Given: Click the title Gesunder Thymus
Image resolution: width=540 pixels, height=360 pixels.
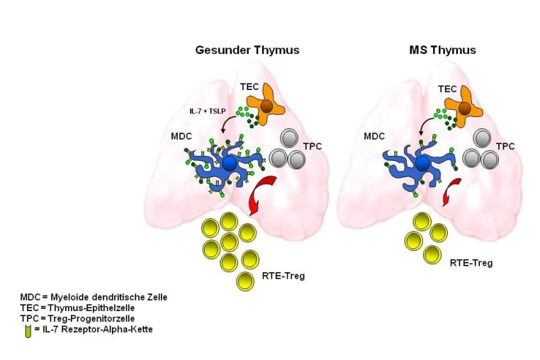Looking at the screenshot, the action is (x=247, y=50).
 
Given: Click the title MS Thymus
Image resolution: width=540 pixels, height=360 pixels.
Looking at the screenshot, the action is (x=442, y=50).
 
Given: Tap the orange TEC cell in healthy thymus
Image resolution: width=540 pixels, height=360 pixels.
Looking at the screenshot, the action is (x=266, y=105).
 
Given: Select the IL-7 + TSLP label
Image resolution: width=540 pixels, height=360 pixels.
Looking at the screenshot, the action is (x=208, y=111).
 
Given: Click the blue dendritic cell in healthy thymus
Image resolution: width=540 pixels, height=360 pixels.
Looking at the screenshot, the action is (x=226, y=164).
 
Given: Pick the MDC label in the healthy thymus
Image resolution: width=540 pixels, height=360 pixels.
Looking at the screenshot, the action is (x=181, y=137).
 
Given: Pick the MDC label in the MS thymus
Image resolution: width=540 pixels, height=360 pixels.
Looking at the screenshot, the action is (x=374, y=137).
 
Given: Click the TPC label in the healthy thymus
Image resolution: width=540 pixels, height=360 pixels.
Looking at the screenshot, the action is (x=313, y=147).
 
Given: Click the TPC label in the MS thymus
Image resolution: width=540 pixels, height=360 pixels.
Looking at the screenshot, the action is (x=505, y=147).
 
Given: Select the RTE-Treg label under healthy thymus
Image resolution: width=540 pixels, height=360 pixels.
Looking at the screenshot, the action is (x=283, y=276).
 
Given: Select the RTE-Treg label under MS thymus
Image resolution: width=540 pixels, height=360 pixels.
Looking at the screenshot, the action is (x=471, y=263).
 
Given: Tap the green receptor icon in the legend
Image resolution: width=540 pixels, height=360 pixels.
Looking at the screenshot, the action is (x=28, y=332).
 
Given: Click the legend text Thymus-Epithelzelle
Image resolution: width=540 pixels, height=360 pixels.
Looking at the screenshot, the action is (x=91, y=308).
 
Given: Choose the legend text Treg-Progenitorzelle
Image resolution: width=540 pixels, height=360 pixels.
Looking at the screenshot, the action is (x=91, y=319).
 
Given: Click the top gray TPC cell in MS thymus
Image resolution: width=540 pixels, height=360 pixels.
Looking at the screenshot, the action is (x=482, y=138).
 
